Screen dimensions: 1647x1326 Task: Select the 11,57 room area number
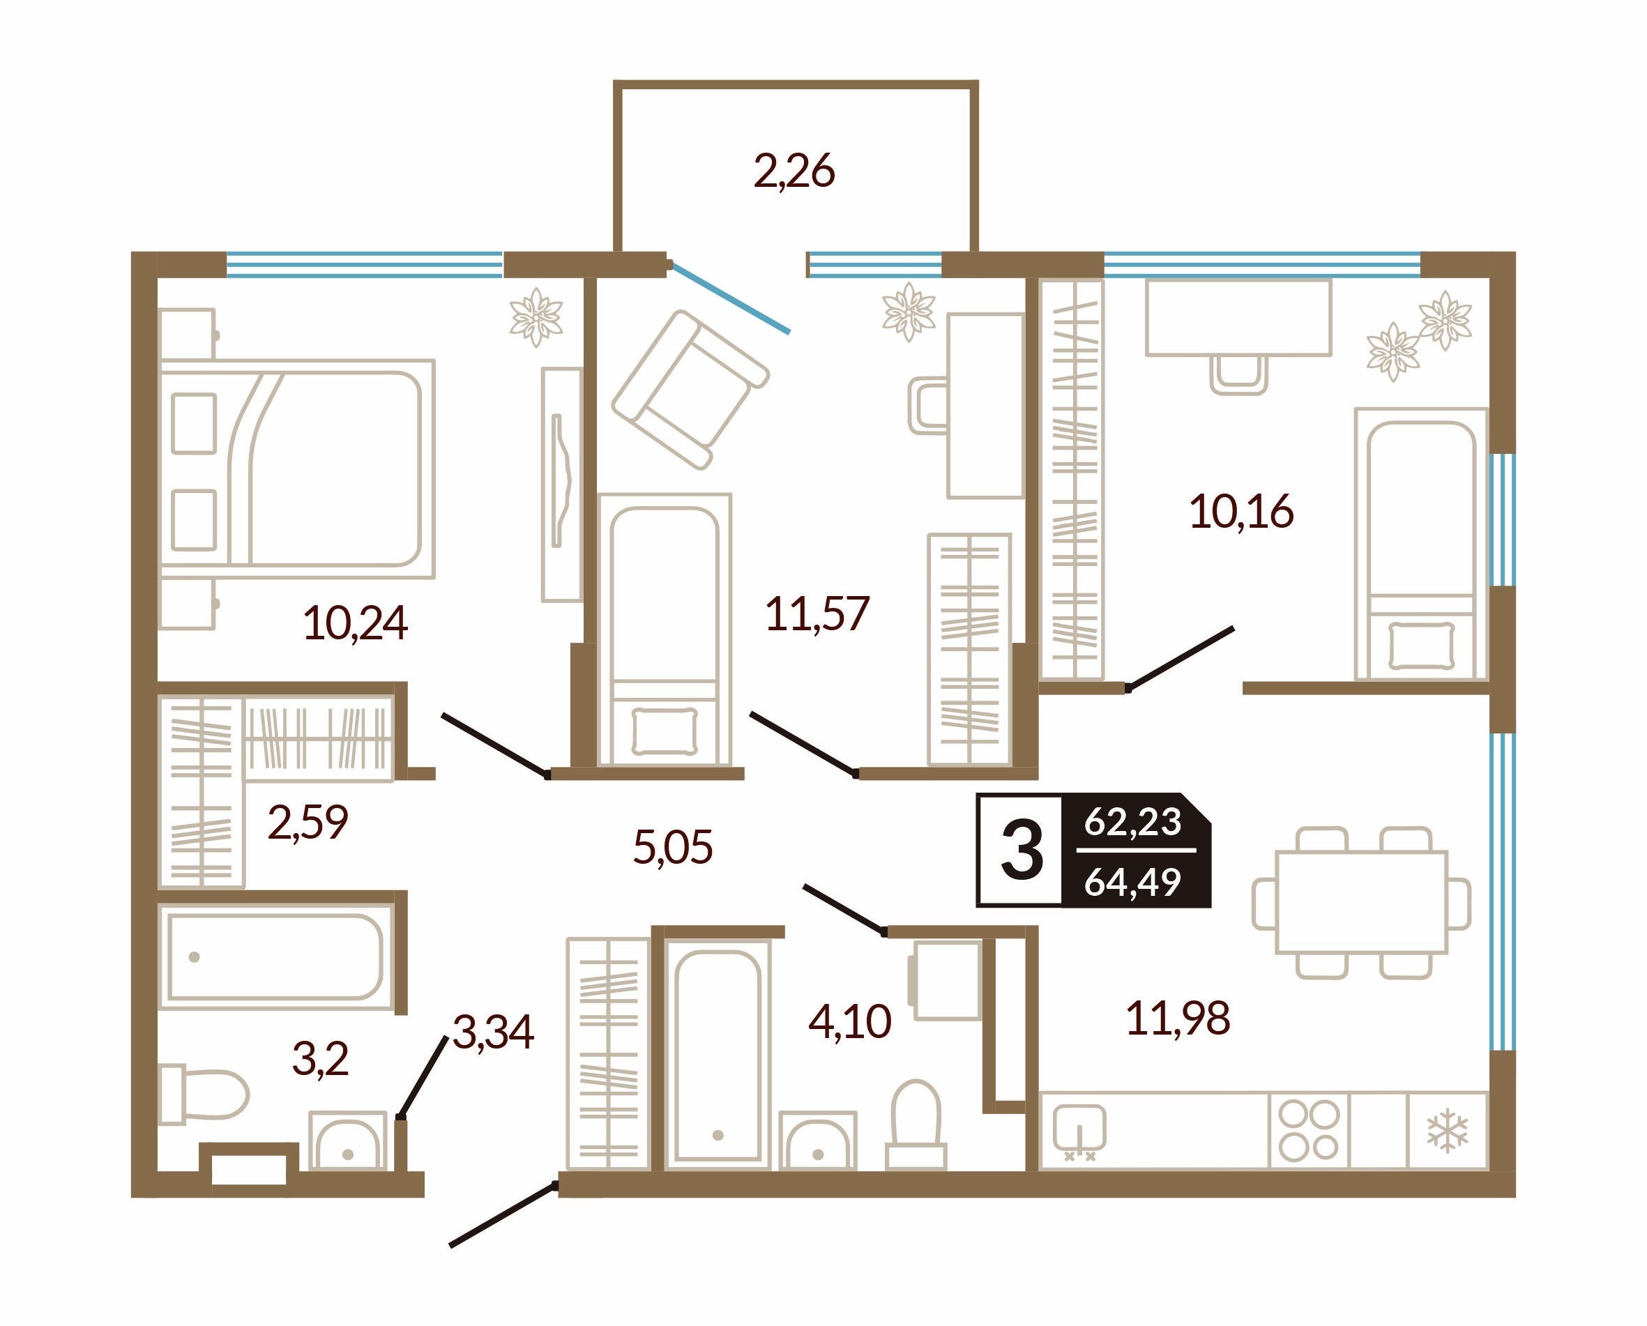[817, 614]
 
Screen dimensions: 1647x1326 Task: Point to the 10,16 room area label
[1241, 512]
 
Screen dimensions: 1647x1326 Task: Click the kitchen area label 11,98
[1178, 1018]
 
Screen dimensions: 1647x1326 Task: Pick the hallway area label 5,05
[673, 847]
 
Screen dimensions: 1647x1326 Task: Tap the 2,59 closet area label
[308, 823]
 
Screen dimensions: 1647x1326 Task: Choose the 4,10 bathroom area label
[849, 1021]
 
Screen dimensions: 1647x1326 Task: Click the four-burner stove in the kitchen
[1310, 1131]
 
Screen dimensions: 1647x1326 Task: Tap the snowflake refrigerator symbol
[1448, 1131]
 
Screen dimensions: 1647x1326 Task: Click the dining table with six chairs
[1361, 902]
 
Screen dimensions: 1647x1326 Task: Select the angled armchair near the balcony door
[690, 390]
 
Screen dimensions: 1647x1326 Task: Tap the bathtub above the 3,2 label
[275, 957]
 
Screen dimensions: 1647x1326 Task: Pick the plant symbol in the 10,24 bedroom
[536, 317]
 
